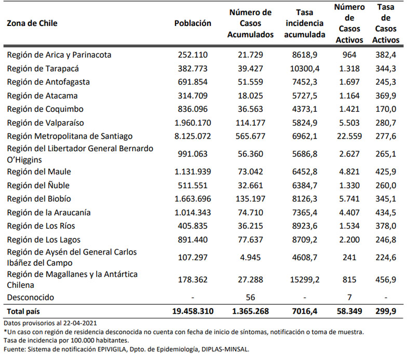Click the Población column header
[x=193, y=23]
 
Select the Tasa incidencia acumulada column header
[x=304, y=23]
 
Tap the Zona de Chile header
[x=32, y=23]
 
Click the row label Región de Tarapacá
[x=50, y=68]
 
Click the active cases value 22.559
[x=348, y=136]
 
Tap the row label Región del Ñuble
[x=45, y=185]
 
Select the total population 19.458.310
[x=192, y=311]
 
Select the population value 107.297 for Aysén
[x=195, y=257]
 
